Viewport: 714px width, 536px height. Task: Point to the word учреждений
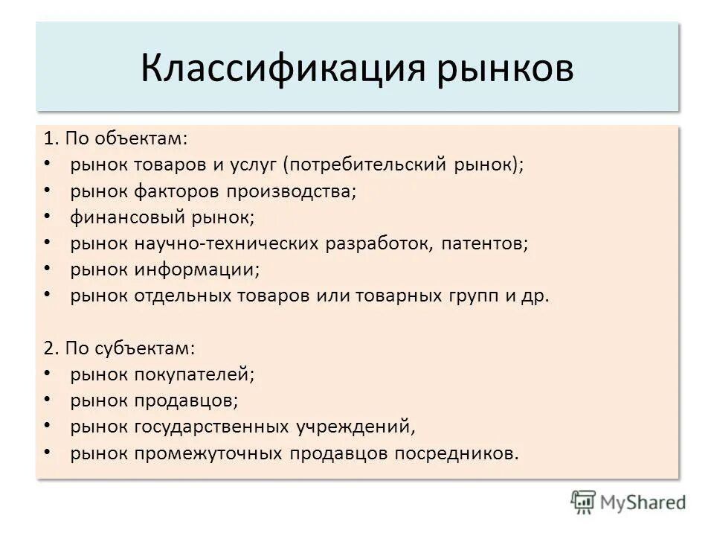355,427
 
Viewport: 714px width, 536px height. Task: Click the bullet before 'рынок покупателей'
48,374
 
